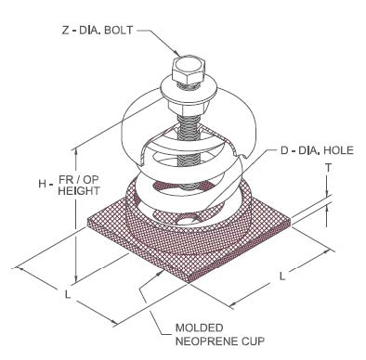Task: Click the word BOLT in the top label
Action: point(119,31)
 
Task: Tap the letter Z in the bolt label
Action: point(66,31)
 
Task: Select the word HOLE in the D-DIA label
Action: point(338,150)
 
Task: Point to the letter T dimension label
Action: point(328,168)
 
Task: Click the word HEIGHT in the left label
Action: point(79,191)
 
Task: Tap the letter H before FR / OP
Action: point(42,184)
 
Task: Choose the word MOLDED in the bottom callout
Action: point(200,328)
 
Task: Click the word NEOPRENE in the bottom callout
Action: point(205,341)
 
